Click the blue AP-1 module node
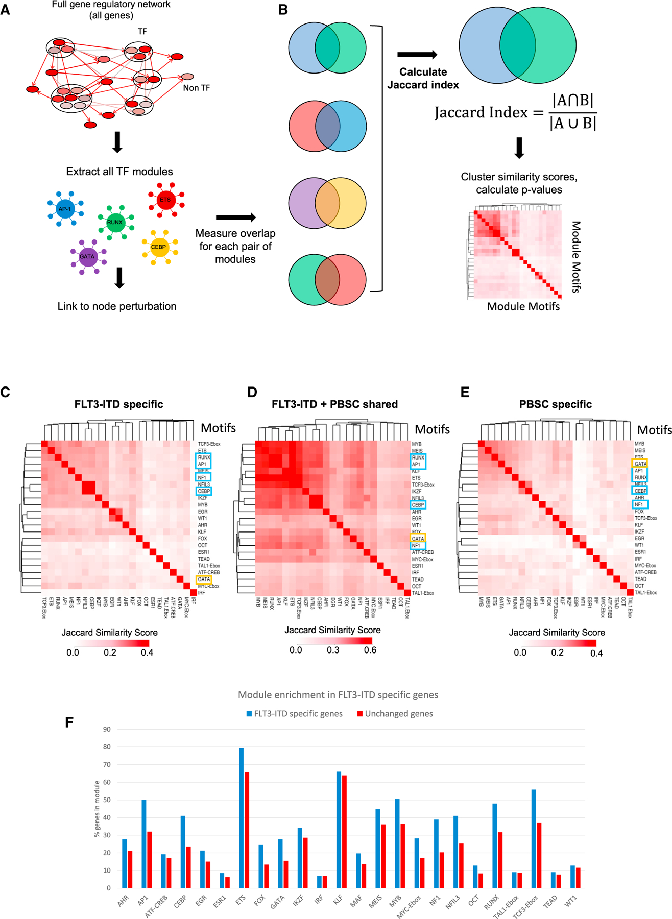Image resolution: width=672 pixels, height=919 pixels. point(65,209)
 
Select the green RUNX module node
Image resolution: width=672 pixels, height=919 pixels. point(115,222)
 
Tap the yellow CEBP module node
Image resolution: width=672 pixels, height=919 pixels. point(159,247)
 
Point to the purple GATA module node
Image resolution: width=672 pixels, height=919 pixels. point(87,256)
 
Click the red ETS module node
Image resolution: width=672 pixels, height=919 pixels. point(165,200)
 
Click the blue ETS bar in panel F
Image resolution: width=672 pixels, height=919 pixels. point(242,818)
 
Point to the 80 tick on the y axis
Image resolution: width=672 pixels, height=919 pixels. point(107,747)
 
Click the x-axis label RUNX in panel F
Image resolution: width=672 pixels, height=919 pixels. point(491,902)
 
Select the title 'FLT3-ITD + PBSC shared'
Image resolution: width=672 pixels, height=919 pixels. point(334,404)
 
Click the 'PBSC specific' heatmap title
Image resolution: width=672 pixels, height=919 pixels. point(555,404)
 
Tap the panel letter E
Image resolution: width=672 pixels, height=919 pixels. point(465,392)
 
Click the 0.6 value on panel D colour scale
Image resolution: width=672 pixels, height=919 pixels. point(370,650)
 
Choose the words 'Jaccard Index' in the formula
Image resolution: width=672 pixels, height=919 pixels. point(481,112)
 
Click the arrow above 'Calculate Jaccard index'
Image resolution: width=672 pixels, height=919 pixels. point(417,55)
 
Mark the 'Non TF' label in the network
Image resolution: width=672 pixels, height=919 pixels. point(197,88)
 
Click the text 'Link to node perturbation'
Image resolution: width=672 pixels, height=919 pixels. point(117,306)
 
